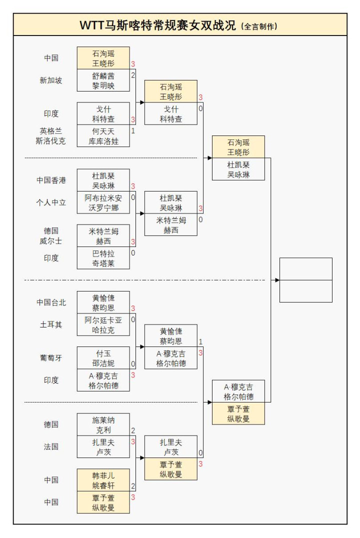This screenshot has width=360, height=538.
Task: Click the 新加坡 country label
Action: pyautogui.click(x=51, y=80)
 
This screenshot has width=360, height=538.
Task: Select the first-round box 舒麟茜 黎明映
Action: pyautogui.click(x=103, y=80)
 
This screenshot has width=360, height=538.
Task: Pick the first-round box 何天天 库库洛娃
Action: pyautogui.click(x=103, y=136)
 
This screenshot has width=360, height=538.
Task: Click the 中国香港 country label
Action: pyautogui.click(x=51, y=180)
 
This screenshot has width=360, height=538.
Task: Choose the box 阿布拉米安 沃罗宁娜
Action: pyautogui.click(x=103, y=202)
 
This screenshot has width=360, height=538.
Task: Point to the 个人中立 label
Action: pyautogui.click(x=51, y=202)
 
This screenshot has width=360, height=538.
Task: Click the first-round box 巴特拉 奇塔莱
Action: pyautogui.click(x=103, y=258)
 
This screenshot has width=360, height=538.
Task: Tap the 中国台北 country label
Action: pyautogui.click(x=51, y=302)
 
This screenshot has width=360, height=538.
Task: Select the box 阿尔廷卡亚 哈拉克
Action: pyautogui.click(x=103, y=324)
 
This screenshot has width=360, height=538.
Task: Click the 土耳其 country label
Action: pyautogui.click(x=51, y=324)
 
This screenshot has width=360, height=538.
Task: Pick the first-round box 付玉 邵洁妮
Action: pyautogui.click(x=103, y=358)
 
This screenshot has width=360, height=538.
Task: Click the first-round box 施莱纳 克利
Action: pyautogui.click(x=103, y=424)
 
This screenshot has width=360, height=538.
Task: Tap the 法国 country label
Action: pyautogui.click(x=51, y=446)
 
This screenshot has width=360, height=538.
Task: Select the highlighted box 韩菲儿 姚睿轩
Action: pyautogui.click(x=103, y=480)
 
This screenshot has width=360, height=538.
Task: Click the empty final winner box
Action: pyautogui.click(x=305, y=280)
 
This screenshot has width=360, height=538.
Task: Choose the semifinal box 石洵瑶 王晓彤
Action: pyautogui.click(x=238, y=147)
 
